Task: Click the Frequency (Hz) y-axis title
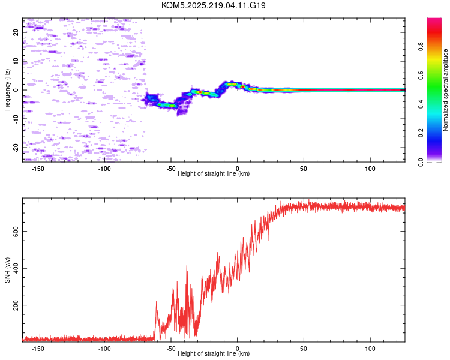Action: point(7,90)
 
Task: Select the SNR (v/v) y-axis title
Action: point(7,271)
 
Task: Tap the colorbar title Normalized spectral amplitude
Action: point(445,90)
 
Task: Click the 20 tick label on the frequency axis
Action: point(16,32)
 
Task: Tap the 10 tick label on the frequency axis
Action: point(16,61)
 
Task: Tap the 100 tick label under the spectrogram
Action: point(370,168)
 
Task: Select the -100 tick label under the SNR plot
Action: point(104,348)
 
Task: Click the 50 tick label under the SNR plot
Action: point(304,348)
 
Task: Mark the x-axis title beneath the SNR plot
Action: point(214,354)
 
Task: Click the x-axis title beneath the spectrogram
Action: point(214,174)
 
